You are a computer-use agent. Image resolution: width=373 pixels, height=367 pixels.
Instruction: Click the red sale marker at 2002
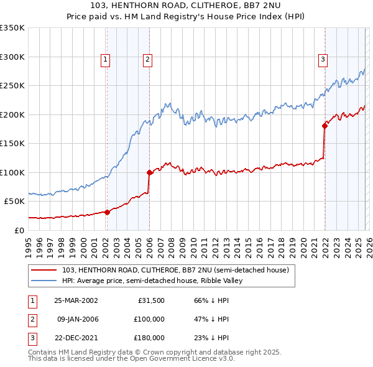point(107,212)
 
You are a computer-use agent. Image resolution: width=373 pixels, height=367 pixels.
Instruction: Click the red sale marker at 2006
point(149,172)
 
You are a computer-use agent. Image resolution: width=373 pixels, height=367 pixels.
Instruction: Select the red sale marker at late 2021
point(325,126)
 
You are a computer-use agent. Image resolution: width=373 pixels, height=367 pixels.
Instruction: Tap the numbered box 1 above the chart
point(106,60)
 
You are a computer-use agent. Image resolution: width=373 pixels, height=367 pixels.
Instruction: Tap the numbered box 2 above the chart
point(147,60)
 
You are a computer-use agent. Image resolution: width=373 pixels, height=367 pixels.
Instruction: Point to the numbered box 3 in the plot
point(323,60)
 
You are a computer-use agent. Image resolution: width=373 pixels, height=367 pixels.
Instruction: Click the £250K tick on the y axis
point(12,86)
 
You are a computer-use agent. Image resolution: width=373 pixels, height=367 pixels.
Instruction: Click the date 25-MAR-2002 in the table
point(76,300)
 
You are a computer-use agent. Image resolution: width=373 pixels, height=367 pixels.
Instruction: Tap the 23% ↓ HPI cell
point(213,338)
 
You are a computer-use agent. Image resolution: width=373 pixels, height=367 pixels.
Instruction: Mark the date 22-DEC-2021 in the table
point(76,338)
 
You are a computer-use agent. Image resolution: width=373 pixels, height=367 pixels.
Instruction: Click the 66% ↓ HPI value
point(213,300)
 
